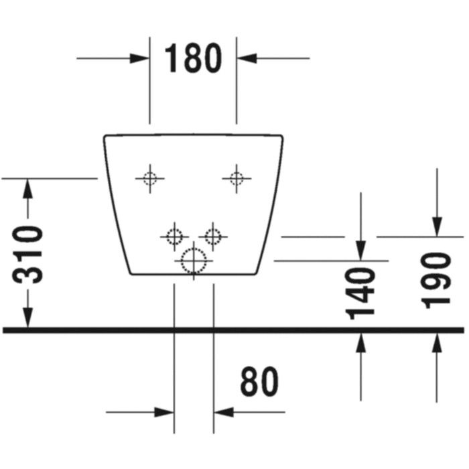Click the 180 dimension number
pyautogui.click(x=193, y=58)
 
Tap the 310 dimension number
pyautogui.click(x=28, y=255)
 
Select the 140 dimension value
pyautogui.click(x=360, y=294)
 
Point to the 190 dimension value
pyautogui.click(x=435, y=281)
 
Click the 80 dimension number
pyautogui.click(x=259, y=381)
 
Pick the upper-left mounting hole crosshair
pyautogui.click(x=150, y=179)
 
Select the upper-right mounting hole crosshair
pyautogui.click(x=237, y=179)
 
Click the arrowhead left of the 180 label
pyautogui.click(x=139, y=58)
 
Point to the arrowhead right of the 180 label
pyautogui.click(x=247, y=58)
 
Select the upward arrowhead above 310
pyautogui.click(x=27, y=188)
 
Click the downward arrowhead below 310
pyautogui.click(x=27, y=318)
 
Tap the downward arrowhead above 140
pyautogui.click(x=360, y=251)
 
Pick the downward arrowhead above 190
pyautogui.click(x=437, y=226)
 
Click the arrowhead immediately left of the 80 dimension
pyautogui.click(x=164, y=412)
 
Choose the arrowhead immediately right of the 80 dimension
pyautogui.click(x=224, y=412)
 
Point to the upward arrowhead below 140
pyautogui.click(x=360, y=343)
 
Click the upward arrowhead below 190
pyautogui.click(x=437, y=343)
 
